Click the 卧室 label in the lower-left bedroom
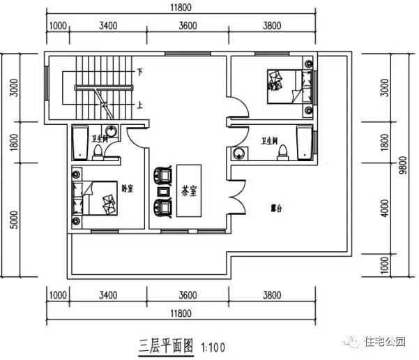coord(127,188)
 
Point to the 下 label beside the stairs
coord(140,72)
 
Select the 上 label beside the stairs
coord(140,105)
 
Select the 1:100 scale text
coord(213,345)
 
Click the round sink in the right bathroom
coord(239,153)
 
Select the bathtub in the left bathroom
coord(79,142)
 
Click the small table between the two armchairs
coord(163,190)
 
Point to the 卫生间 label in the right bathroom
coord(271,140)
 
